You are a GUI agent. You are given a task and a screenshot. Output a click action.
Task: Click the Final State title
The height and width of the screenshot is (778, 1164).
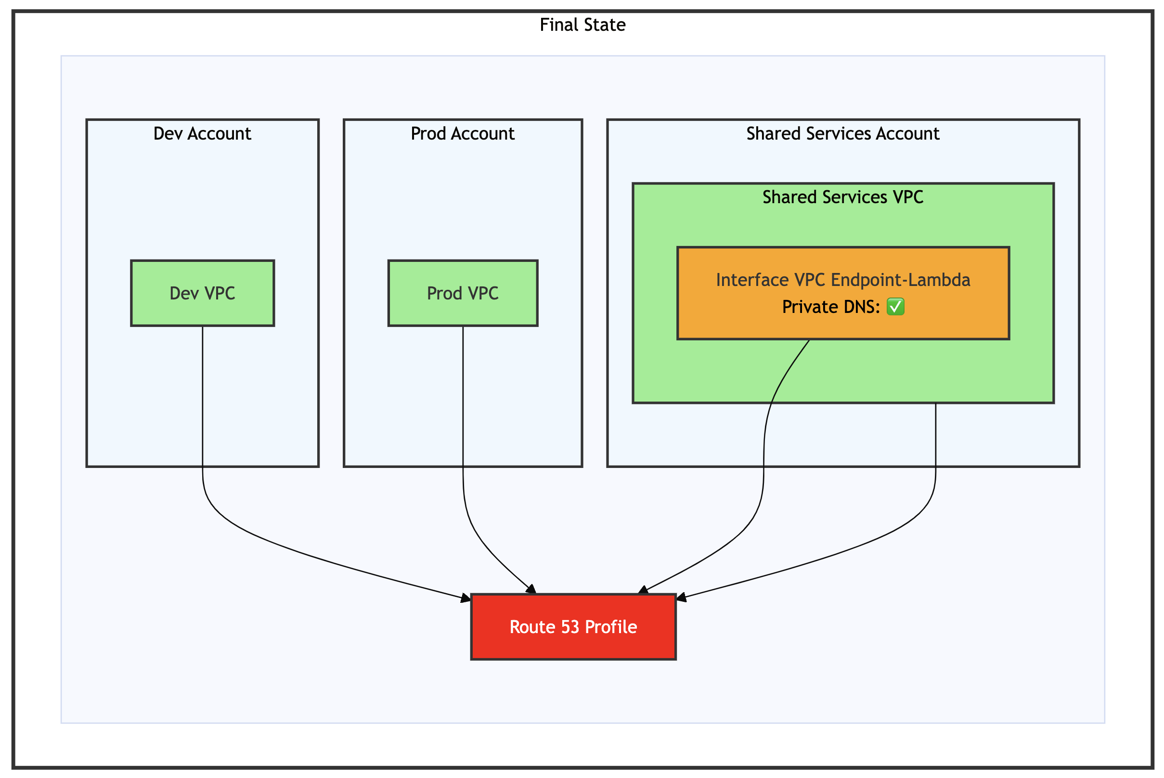coord(582,25)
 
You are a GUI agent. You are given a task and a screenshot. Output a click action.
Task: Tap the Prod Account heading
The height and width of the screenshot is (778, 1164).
coord(463,133)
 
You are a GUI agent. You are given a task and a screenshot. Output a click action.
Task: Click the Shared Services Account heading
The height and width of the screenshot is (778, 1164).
coord(842,133)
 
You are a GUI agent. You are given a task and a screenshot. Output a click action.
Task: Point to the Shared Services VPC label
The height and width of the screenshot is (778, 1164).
coord(842,197)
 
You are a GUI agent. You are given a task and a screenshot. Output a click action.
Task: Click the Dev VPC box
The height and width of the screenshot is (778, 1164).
coord(203,293)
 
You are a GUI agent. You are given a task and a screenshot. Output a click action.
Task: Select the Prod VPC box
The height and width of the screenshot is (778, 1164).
coord(463,293)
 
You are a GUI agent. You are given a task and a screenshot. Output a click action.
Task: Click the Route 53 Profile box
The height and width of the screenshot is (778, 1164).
coord(573,627)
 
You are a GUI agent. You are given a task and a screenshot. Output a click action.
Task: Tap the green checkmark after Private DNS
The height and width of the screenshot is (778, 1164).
coord(895,307)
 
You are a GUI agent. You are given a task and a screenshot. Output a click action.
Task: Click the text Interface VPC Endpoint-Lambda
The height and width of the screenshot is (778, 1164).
coord(842,280)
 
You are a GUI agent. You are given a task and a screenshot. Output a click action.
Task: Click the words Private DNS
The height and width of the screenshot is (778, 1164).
coord(830,307)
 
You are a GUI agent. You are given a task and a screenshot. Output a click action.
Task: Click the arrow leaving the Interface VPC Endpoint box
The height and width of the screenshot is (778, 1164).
coord(764,447)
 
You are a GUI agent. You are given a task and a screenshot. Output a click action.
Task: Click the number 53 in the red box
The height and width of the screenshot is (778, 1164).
coord(570,627)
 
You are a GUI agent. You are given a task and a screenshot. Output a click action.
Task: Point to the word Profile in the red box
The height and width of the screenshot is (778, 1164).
coord(611,627)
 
